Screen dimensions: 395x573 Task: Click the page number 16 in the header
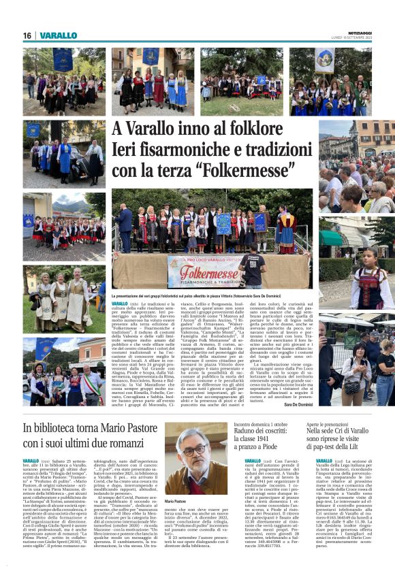click(27, 35)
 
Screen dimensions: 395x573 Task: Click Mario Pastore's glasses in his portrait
click(194, 452)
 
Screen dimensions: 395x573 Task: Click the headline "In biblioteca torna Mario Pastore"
click(91, 429)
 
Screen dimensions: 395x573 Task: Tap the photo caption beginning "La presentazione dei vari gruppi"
click(204, 296)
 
